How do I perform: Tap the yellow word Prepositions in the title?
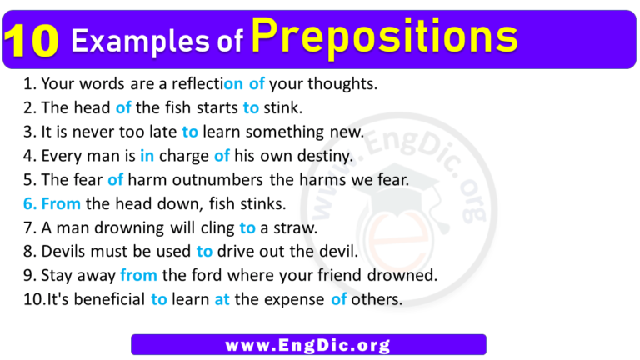click(x=383, y=37)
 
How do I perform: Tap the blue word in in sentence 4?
click(x=147, y=155)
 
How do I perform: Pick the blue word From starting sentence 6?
click(x=58, y=202)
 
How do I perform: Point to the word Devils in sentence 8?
click(x=62, y=251)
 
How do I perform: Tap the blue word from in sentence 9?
click(x=137, y=275)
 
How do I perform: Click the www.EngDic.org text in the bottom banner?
click(x=308, y=344)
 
